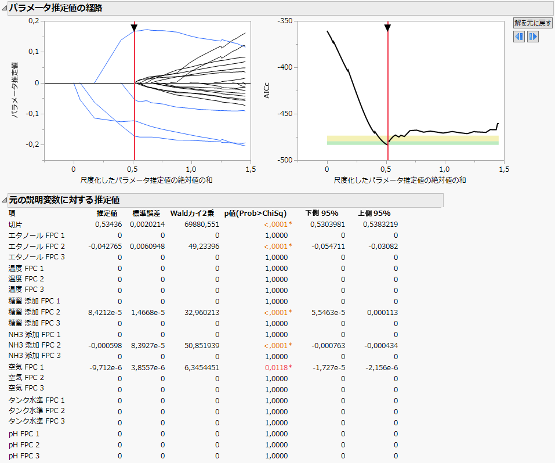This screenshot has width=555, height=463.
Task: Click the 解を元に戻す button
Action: [x=533, y=23]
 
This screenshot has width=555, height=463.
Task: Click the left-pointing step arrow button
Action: [x=519, y=37]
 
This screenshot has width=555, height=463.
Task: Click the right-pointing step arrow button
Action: [x=532, y=37]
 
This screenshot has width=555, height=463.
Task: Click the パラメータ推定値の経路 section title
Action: [x=56, y=8]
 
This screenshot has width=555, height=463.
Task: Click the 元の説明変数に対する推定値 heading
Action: [x=64, y=200]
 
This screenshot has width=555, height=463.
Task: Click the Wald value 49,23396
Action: [x=202, y=246]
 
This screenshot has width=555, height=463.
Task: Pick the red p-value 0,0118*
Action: [x=278, y=367]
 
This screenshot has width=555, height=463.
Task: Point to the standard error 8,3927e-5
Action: [x=148, y=345]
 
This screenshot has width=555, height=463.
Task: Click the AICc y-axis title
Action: [x=267, y=91]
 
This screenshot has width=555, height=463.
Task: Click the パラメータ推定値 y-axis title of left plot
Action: [x=16, y=91]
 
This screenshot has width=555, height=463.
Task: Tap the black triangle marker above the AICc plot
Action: [x=387, y=28]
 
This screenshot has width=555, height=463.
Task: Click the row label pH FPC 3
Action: [x=24, y=455]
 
